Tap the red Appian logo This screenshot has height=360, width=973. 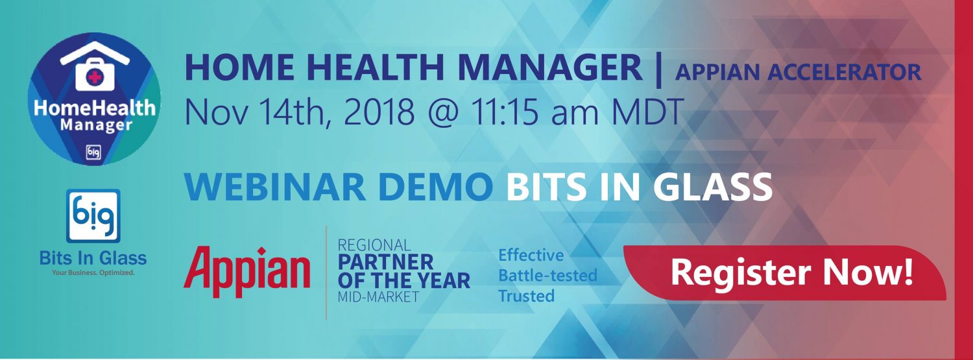(246, 272)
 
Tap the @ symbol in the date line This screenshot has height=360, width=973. (444, 112)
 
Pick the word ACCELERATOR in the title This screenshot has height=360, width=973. (844, 72)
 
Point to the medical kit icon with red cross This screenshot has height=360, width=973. (94, 75)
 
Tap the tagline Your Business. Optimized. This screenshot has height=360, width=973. (93, 273)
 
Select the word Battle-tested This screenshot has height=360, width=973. (547, 275)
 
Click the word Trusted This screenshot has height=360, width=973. (527, 296)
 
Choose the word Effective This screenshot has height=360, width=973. (531, 256)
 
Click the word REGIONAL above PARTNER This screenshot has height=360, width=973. (374, 245)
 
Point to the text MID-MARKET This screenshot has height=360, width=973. (378, 296)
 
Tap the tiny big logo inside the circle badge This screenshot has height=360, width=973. (93, 152)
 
